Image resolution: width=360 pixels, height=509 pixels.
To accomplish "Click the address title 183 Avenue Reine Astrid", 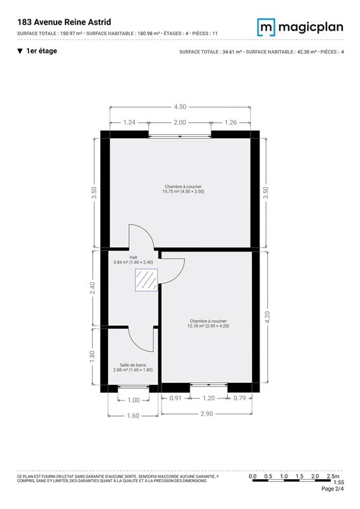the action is (64, 22).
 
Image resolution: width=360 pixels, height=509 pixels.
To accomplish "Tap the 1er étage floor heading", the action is (38, 51).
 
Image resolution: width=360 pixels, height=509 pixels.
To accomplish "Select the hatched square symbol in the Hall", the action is (146, 280).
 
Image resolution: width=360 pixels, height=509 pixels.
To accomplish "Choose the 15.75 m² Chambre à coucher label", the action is (183, 189).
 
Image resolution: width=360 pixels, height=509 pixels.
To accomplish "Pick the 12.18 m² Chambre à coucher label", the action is (208, 323).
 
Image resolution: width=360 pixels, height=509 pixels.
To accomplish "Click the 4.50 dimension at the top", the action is (180, 107).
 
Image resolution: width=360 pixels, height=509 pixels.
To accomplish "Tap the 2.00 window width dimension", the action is (179, 122).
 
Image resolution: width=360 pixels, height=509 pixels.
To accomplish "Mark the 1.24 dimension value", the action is (129, 122).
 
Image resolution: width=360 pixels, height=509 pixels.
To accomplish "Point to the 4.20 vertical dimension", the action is (267, 317).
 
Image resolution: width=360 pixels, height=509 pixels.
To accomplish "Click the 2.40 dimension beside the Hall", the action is (92, 288).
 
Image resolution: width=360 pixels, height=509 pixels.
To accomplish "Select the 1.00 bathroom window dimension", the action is (134, 400).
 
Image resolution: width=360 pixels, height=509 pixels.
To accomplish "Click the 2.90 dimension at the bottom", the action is (207, 414).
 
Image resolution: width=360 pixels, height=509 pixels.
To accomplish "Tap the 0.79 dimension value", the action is (240, 398).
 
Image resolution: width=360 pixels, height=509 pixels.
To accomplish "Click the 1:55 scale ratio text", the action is (338, 483).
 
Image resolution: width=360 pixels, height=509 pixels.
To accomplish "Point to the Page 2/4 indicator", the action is (333, 489).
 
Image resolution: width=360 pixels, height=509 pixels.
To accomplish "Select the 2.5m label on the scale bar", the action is (333, 476).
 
